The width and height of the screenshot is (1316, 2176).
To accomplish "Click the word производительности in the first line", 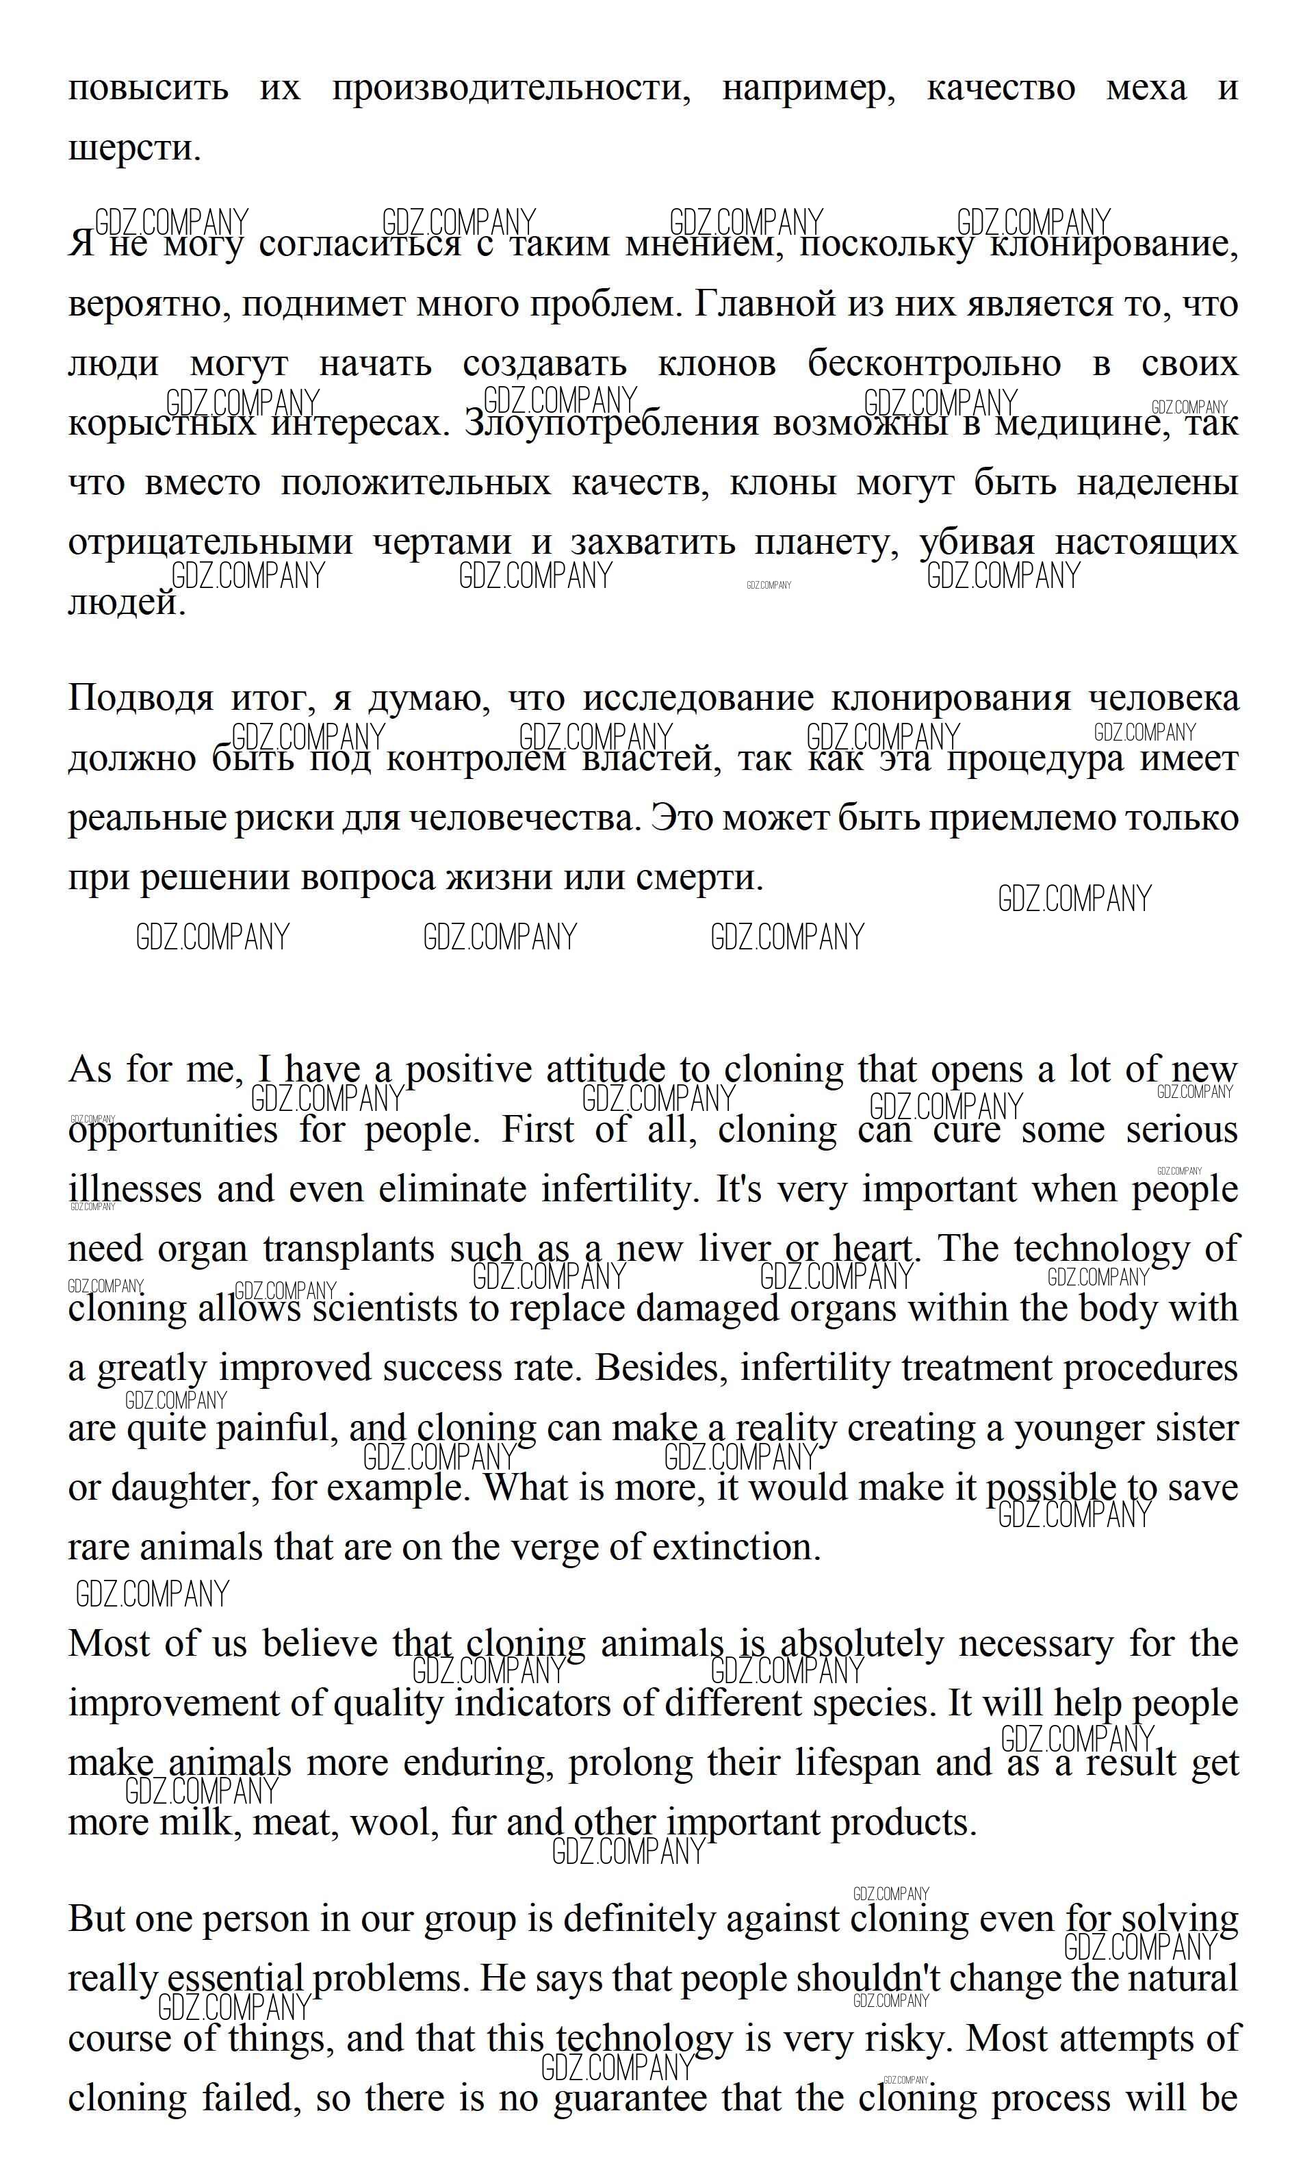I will coord(511,89).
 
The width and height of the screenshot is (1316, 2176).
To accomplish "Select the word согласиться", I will coord(359,244).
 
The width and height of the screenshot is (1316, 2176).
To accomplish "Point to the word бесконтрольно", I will coord(933,364).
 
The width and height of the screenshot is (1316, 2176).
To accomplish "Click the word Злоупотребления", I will coord(610,424).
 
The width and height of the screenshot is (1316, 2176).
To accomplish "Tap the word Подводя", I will coord(140,699).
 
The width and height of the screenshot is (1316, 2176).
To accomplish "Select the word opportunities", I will coord(173,1130).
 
